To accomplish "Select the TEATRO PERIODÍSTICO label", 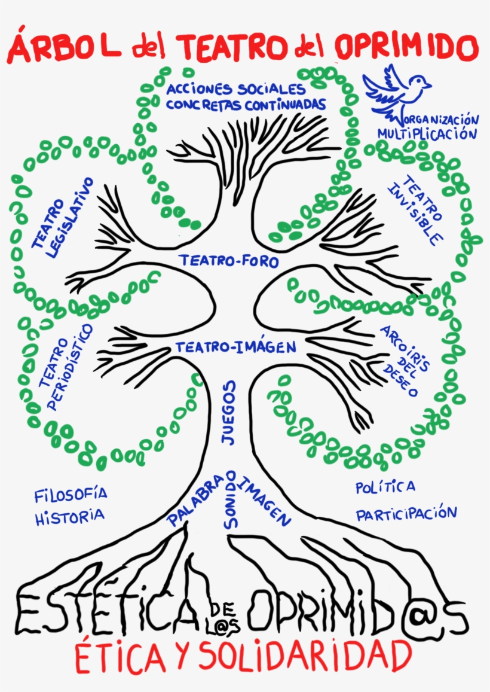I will click(66, 367).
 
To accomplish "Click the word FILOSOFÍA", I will click(71, 495).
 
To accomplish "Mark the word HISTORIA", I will click(69, 516).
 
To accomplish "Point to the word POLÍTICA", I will click(385, 487).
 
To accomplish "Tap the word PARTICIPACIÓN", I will click(406, 513).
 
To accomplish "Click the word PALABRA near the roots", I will click(197, 500).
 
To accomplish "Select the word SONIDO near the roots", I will click(232, 507).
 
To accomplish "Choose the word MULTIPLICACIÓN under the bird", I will click(427, 133).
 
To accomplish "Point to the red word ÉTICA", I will click(120, 657).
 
